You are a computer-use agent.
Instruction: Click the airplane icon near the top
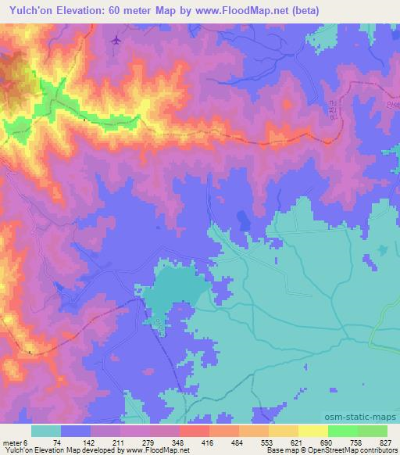point(117,39)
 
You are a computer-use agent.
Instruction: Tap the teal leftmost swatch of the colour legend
point(46,431)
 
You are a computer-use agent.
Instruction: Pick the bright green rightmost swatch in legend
point(372,431)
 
